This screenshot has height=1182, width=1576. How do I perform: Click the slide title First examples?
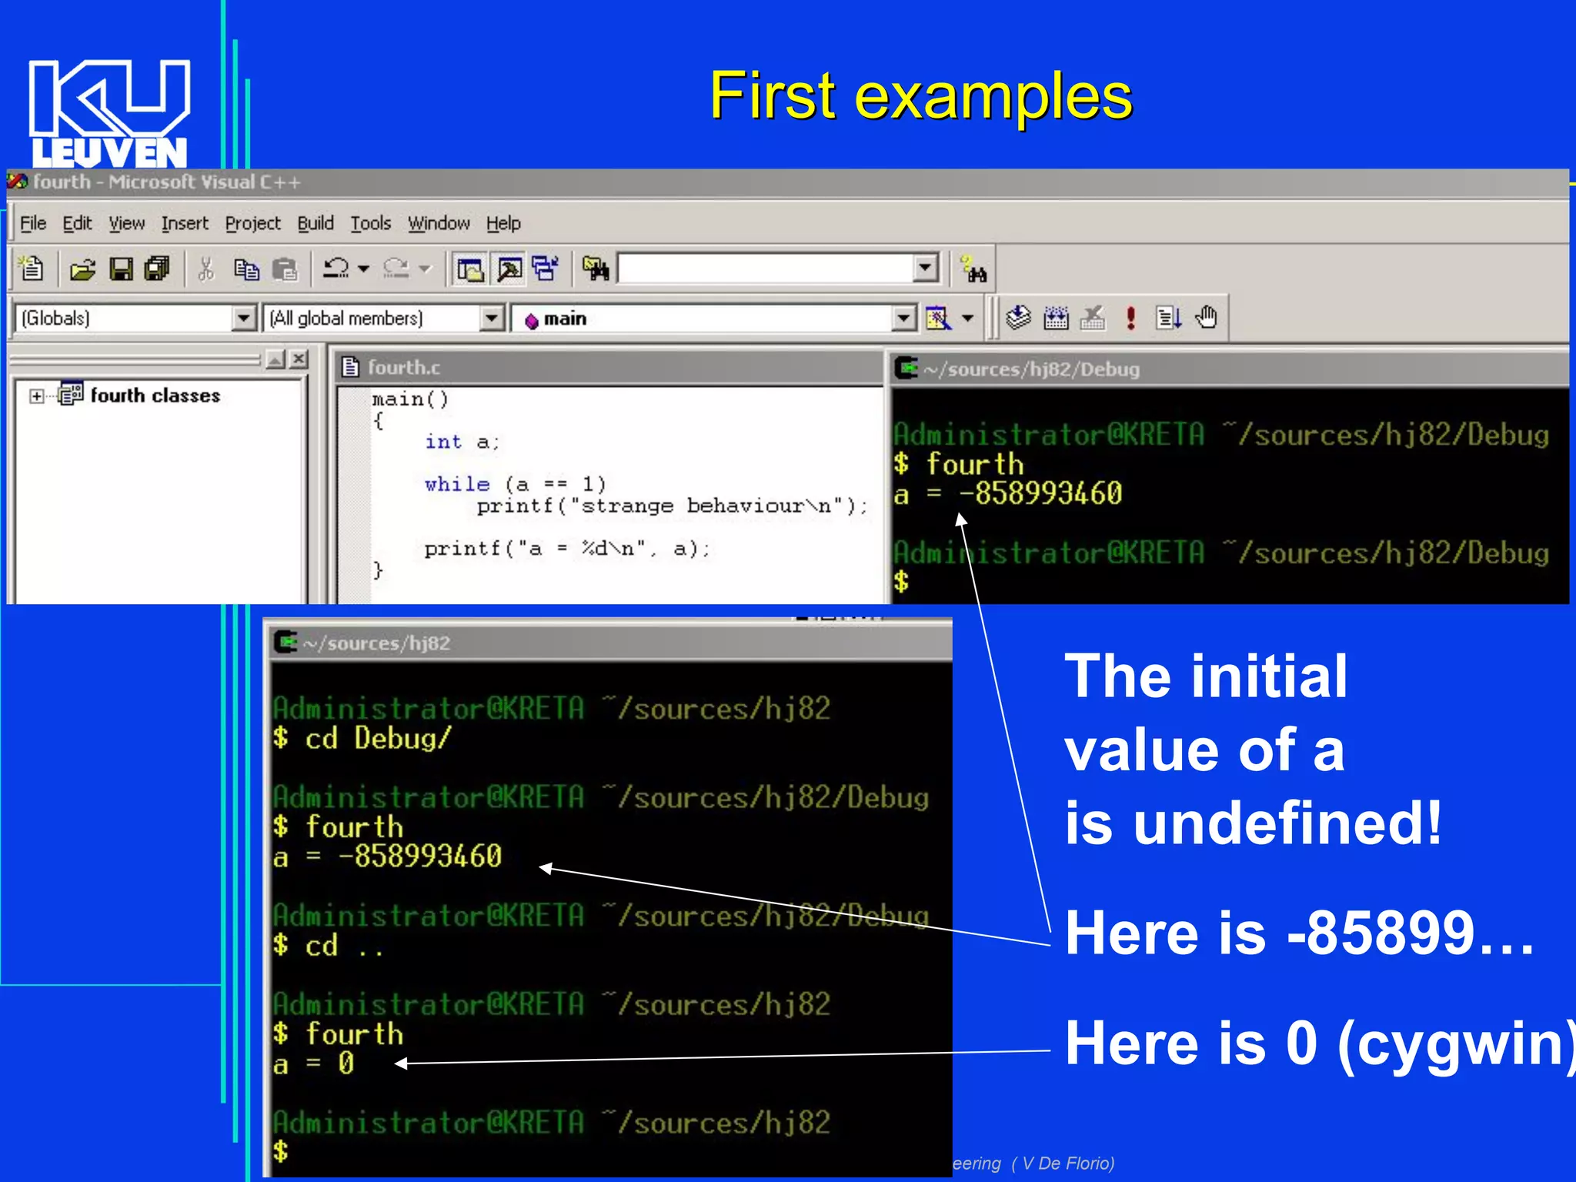920,96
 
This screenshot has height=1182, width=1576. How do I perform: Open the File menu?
33,223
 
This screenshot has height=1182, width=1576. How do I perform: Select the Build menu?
316,223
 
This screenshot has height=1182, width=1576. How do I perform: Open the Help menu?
503,223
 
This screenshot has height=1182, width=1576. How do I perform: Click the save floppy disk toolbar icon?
121,269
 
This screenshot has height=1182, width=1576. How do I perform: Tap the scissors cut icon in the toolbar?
205,269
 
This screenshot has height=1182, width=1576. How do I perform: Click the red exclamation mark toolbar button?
1130,317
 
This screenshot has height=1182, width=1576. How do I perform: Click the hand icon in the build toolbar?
1206,317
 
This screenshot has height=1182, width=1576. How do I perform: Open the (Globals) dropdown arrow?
243,318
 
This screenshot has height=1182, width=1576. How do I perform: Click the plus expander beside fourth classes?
36,396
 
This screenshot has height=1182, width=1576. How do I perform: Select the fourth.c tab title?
403,367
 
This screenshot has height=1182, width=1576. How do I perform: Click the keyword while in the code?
457,484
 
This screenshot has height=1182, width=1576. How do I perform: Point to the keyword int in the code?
443,442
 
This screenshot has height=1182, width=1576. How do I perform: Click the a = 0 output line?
314,1064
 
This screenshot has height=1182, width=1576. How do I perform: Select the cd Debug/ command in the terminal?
377,739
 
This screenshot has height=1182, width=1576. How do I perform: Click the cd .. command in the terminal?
343,946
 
